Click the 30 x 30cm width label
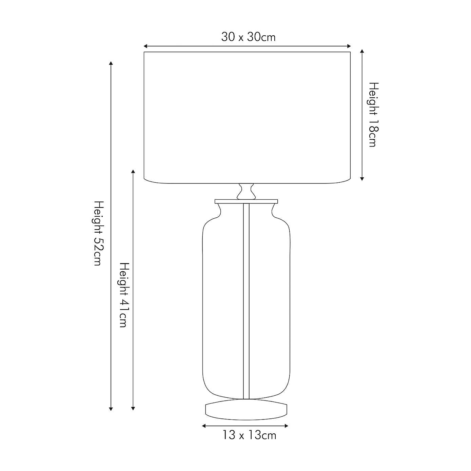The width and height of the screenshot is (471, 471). point(248,37)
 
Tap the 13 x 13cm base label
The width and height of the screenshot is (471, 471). point(249,435)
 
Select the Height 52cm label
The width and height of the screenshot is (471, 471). point(98,233)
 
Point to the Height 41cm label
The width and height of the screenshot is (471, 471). point(124,295)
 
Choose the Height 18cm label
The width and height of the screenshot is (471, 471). point(373,115)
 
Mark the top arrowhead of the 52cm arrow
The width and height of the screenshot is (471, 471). point(111,63)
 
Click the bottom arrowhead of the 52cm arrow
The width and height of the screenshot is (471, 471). point(111,409)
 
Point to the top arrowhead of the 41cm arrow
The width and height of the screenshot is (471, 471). point(133,172)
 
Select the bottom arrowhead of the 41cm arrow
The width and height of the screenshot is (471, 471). point(133,409)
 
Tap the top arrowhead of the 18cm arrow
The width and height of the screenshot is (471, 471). point(362,51)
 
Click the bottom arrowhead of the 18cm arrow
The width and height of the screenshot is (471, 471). point(362,178)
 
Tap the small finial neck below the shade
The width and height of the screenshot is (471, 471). point(246,192)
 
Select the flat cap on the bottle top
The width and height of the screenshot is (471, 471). point(246,201)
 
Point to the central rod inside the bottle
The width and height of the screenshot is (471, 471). point(246,298)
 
